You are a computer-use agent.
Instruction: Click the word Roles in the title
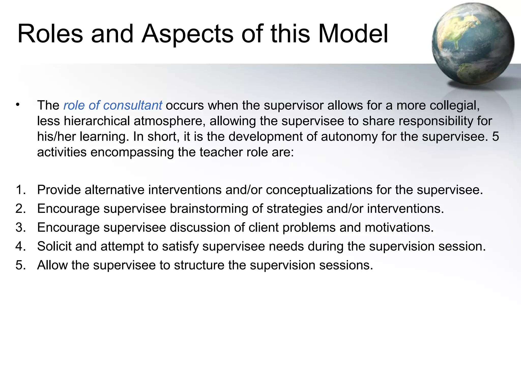[50, 34]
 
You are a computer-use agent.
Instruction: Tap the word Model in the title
[353, 34]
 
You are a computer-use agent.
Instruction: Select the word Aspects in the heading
[187, 34]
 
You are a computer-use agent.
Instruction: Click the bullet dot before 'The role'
[17, 105]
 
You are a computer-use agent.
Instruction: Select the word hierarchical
[97, 121]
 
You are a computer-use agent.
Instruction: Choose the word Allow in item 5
[52, 265]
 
